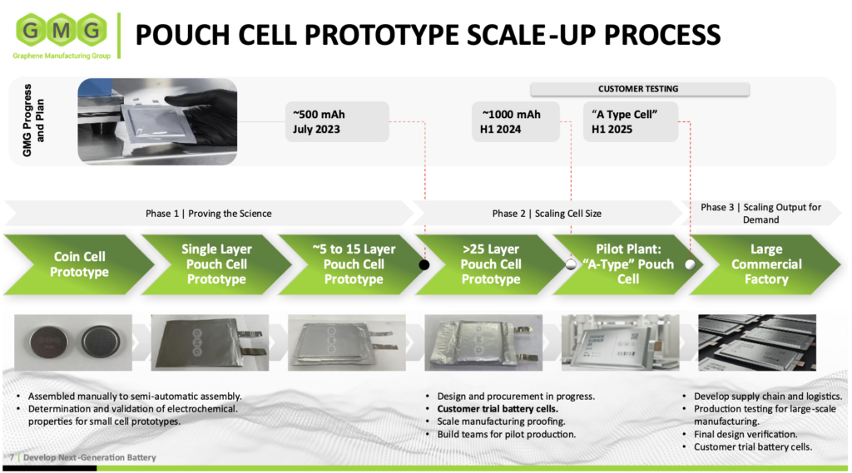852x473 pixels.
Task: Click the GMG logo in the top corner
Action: click(59, 34)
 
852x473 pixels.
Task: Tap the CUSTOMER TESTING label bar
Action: click(638, 89)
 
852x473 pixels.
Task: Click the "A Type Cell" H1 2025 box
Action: click(630, 121)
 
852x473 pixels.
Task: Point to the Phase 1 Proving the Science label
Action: click(208, 214)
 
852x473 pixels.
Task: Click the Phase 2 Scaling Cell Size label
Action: click(547, 214)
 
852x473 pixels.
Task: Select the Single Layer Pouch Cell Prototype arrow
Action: click(215, 264)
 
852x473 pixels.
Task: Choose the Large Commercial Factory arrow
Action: click(765, 264)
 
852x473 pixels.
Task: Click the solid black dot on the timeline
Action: click(424, 265)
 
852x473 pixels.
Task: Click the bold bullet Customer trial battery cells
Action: click(498, 409)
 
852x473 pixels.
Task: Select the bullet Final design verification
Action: click(745, 434)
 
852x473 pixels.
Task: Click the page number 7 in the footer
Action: click(12, 458)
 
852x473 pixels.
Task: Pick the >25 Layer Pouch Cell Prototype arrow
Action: click(491, 264)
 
